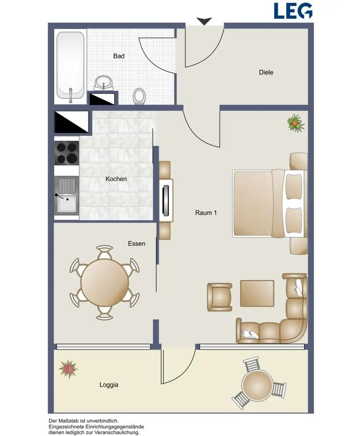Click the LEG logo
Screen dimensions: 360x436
[x=293, y=11]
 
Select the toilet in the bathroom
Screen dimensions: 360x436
[x=138, y=96]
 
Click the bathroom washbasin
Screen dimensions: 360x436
[x=104, y=83]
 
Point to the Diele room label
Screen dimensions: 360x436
[x=266, y=72]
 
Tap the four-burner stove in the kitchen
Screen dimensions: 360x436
[x=66, y=153]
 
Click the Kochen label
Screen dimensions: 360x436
[x=116, y=179]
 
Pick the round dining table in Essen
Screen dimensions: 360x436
[x=105, y=283]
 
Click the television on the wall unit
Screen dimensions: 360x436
[x=166, y=200]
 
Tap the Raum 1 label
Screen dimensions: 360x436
[x=206, y=213]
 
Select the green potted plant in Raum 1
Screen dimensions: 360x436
[x=296, y=123]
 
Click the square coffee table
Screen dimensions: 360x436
[x=257, y=293]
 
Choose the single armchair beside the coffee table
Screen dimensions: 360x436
[x=219, y=297]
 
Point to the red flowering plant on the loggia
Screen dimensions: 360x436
[x=68, y=369]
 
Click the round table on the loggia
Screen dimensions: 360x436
[x=257, y=385]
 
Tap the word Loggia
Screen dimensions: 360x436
[x=109, y=385]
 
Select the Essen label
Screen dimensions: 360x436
[x=137, y=244]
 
